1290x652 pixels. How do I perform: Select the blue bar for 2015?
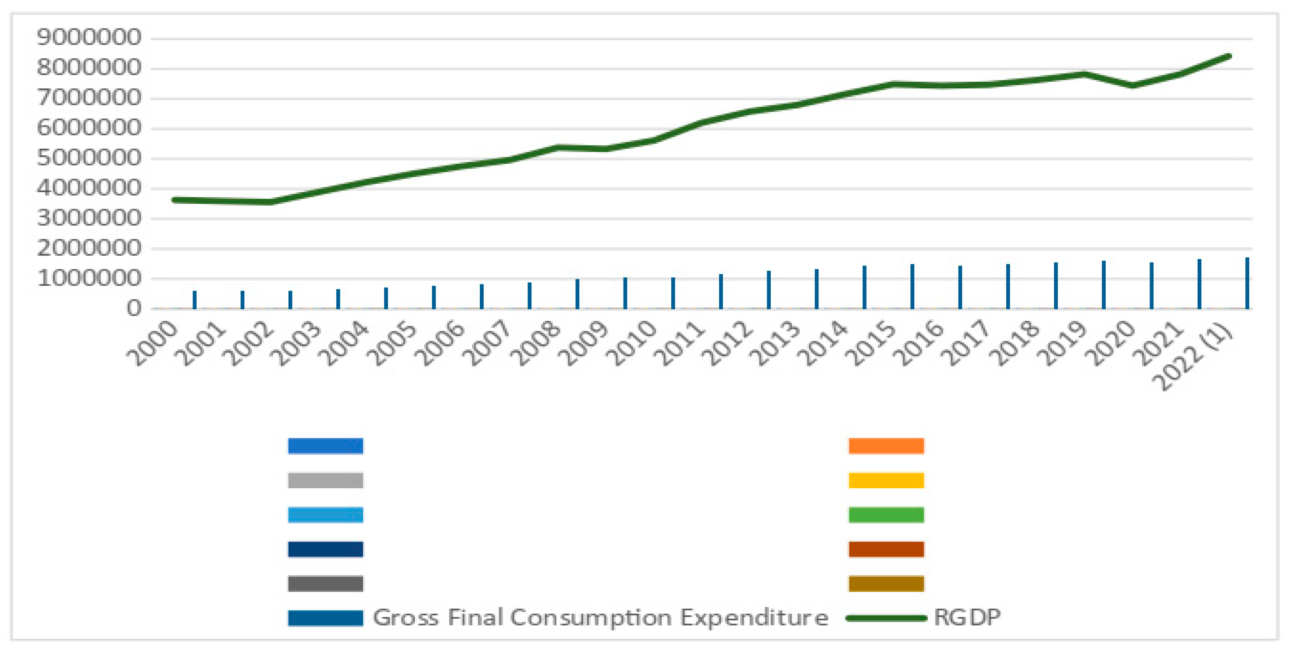(912, 286)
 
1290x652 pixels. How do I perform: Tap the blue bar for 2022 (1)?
(1247, 283)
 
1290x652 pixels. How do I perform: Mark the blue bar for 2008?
(577, 294)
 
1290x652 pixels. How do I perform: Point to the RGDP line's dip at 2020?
(1133, 86)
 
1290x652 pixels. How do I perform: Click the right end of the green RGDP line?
(1229, 56)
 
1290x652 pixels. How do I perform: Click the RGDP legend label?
(967, 617)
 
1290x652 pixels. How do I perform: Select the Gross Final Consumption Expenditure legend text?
(600, 617)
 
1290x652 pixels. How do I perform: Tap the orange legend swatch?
(886, 445)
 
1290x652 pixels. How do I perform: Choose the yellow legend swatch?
(886, 480)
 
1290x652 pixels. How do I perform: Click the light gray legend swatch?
(326, 480)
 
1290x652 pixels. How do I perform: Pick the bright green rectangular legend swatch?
(886, 514)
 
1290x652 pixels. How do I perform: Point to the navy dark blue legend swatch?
(326, 549)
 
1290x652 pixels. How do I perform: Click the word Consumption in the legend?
(590, 617)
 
